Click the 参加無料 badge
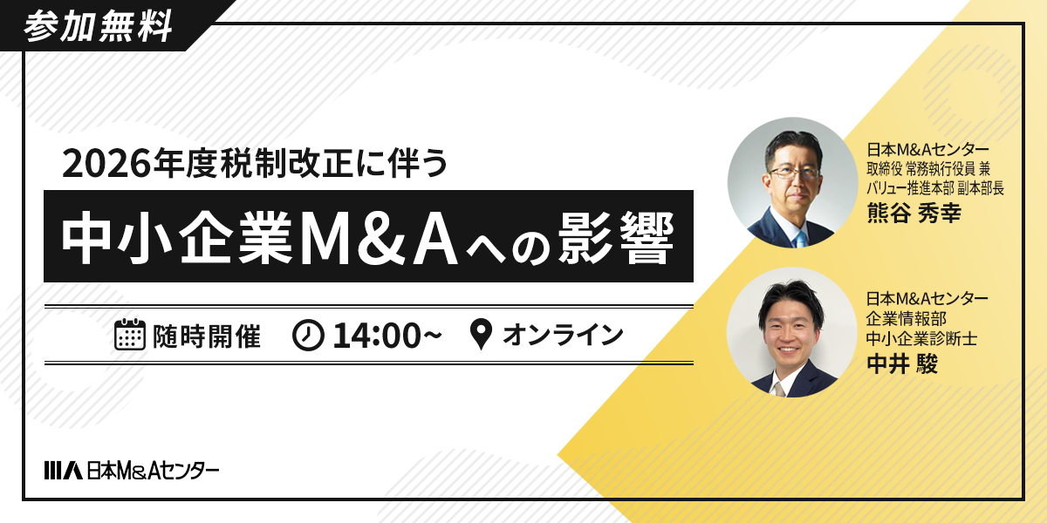pos(97,27)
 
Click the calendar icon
pos(129,335)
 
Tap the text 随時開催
pos(207,336)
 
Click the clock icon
pos(308,336)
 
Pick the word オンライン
pos(563,336)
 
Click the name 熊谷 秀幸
pos(913,213)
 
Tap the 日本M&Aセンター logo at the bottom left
pos(132,471)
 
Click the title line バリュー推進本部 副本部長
pos(934,187)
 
